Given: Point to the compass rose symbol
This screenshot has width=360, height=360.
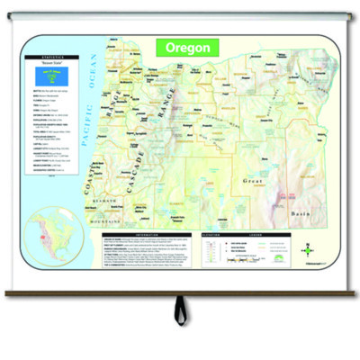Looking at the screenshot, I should tap(308, 251).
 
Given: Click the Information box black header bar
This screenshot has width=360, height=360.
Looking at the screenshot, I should tap(145, 237).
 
